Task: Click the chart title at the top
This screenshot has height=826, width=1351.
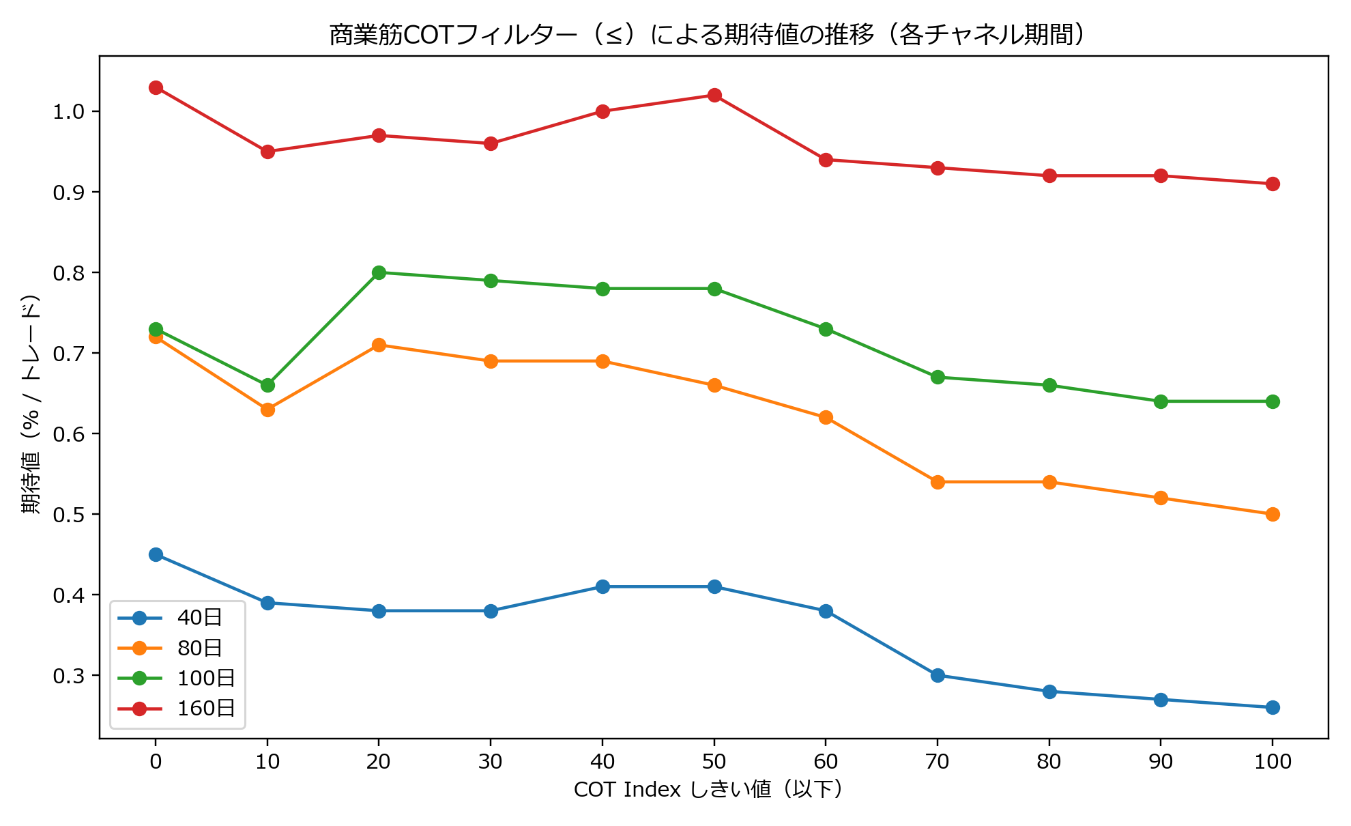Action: (x=707, y=34)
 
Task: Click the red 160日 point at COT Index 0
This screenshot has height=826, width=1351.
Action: (x=156, y=87)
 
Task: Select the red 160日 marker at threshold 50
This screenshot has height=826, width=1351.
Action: (x=714, y=95)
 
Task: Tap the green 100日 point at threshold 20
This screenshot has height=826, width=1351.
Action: (x=379, y=272)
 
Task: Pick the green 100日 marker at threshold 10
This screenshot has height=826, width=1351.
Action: (x=267, y=385)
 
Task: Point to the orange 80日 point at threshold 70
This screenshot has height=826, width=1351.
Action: (x=938, y=482)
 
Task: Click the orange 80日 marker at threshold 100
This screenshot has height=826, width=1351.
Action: (x=1273, y=514)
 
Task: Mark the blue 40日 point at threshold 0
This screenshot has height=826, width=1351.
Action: (x=156, y=554)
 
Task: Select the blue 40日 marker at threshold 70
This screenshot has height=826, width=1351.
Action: (x=938, y=675)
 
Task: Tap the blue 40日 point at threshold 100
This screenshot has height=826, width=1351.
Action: (x=1273, y=707)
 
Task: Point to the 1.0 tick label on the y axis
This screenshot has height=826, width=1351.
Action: (x=68, y=111)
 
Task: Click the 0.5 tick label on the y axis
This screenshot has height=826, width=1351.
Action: (x=68, y=514)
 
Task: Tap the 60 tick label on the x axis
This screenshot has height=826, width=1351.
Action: (x=826, y=761)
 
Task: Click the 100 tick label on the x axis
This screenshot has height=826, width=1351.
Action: (x=1273, y=761)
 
